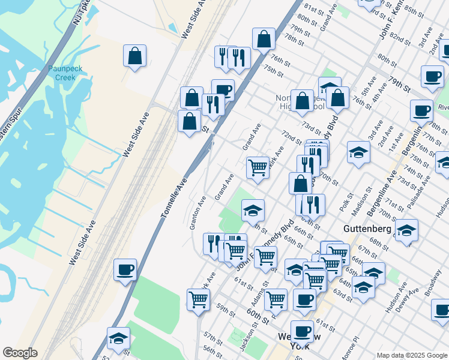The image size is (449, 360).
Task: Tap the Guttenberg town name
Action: (x=367, y=229)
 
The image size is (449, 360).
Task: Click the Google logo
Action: (x=20, y=353)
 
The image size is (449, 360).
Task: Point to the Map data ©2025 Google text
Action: (x=411, y=355)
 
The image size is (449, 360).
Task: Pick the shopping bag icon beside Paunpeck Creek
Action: (x=135, y=56)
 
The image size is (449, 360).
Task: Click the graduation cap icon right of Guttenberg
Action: (x=406, y=230)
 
